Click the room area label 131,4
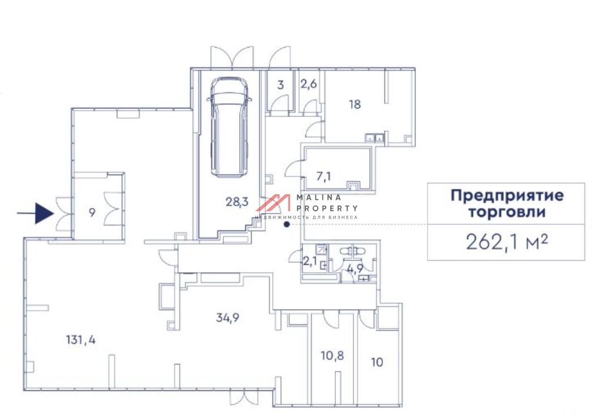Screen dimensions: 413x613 coord(80,340)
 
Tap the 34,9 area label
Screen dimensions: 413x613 coord(228,317)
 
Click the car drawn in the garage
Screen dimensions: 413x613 coord(230,127)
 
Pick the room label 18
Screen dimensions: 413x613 coord(355,104)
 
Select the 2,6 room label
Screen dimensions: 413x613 coord(308,85)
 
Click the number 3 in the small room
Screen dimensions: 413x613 coord(280,86)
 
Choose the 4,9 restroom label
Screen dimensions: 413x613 coord(355,269)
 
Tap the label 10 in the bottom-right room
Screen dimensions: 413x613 coord(377,362)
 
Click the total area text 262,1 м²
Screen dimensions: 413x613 coord(507,242)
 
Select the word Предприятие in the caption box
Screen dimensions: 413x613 coord(507,197)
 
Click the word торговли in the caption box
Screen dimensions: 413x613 coord(507,213)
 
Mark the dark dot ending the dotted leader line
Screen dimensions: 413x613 coord(287,224)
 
